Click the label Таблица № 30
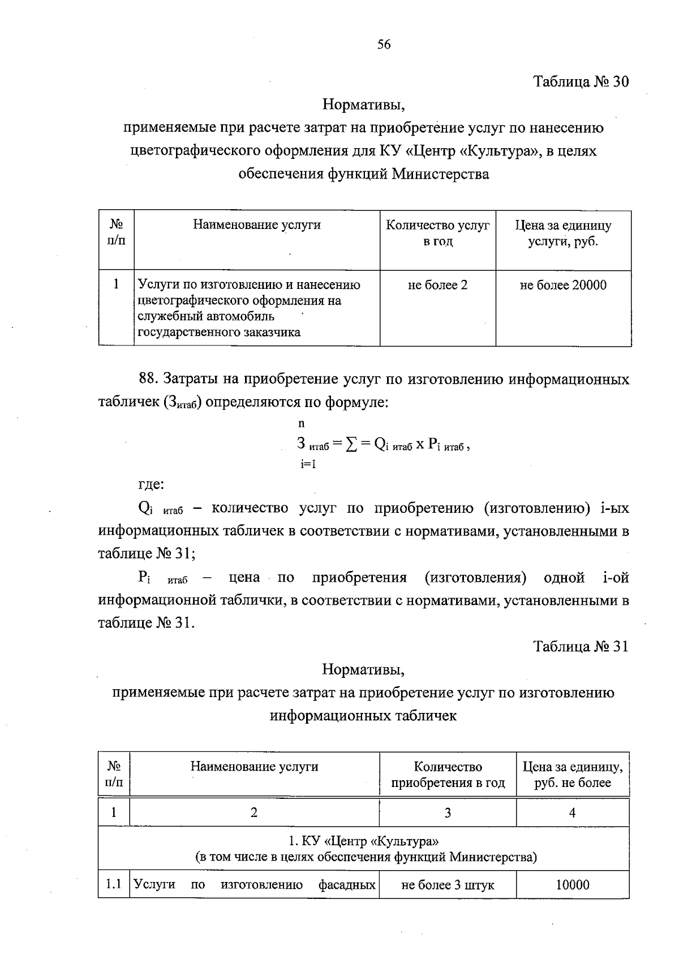coord(581,81)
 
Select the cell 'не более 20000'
coord(563,285)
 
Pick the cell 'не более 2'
coord(437,285)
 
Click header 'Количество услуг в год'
coord(437,233)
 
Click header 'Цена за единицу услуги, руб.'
coord(563,233)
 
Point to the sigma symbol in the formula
coord(352,444)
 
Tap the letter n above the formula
coord(301,423)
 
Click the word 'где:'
coord(151,484)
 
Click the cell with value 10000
coord(573,885)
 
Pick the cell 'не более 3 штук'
coord(447,885)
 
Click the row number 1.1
coord(114,884)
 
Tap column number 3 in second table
coord(448,813)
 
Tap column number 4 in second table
coord(573,813)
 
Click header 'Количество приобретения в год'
coord(448,775)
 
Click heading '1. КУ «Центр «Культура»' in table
coord(363,841)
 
